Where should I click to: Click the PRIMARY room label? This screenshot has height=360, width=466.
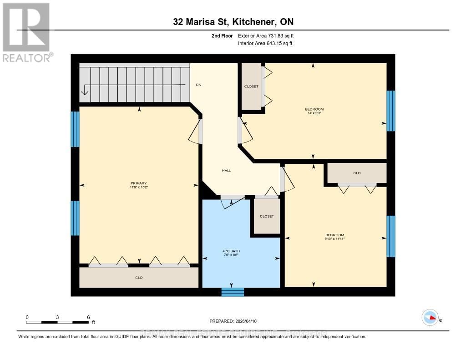click(139, 183)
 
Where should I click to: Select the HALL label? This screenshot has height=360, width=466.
click(226, 171)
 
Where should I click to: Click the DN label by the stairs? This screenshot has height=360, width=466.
click(198, 85)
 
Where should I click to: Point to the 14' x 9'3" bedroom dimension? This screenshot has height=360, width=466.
click(314, 113)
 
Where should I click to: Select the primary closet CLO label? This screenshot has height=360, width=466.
click(139, 278)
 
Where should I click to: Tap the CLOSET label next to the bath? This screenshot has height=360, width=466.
click(267, 216)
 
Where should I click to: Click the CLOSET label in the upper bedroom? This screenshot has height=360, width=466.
click(251, 86)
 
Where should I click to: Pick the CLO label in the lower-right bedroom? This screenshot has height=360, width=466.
click(357, 173)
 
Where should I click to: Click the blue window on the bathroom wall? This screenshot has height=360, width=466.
click(233, 292)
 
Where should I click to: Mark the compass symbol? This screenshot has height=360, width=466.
click(430, 318)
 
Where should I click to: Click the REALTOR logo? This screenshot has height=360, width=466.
click(26, 32)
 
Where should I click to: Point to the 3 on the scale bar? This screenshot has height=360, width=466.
click(57, 317)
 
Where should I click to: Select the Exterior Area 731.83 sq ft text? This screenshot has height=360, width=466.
click(269, 35)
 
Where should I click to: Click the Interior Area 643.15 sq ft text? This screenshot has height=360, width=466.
click(265, 43)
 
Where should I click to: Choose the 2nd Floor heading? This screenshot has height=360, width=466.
click(221, 35)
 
